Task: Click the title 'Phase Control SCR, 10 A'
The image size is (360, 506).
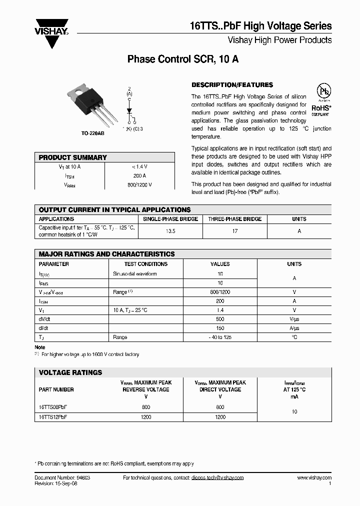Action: (x=183, y=59)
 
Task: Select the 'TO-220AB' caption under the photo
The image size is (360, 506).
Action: (x=93, y=133)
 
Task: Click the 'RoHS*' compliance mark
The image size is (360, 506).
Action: (x=321, y=107)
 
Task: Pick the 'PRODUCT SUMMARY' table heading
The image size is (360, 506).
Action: (x=73, y=157)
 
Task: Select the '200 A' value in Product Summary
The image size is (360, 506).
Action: (x=140, y=175)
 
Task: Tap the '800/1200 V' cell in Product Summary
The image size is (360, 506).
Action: (x=140, y=184)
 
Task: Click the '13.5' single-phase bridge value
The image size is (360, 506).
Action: (x=170, y=231)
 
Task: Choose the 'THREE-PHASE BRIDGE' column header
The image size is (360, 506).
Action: (x=235, y=219)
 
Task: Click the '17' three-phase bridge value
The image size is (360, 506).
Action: (x=235, y=231)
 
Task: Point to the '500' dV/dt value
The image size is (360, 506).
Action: (x=220, y=319)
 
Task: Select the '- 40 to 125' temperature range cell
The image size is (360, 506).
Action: (x=220, y=337)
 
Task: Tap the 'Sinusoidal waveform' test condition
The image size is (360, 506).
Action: (x=135, y=274)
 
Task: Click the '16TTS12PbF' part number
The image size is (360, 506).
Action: (x=53, y=416)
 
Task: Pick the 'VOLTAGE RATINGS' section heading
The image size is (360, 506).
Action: (x=70, y=372)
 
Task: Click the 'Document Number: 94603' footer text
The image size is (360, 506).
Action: (x=62, y=478)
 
